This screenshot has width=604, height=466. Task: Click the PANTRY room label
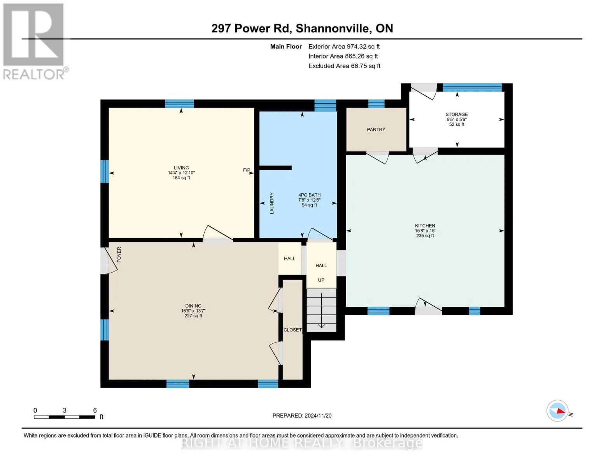point(376,130)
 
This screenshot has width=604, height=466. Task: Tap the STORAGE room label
point(457,114)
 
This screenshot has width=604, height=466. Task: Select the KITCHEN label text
point(425,226)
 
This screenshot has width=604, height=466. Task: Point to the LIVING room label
point(181,168)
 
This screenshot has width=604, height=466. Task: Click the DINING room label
point(193,306)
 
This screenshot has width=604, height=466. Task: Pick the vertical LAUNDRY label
point(272,203)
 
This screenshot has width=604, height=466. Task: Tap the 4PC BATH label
point(309,195)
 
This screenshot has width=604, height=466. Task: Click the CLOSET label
point(292,330)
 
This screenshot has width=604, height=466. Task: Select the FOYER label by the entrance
point(119,254)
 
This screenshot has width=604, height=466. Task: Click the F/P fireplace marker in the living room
point(247,170)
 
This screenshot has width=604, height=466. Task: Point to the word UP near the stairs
point(321,280)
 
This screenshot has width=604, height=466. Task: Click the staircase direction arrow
point(321,310)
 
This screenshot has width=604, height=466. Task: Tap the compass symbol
point(557,410)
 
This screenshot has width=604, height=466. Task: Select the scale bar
point(65,417)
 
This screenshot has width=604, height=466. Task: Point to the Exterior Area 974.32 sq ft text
point(344,47)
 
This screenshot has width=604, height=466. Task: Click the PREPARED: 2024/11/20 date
point(302,416)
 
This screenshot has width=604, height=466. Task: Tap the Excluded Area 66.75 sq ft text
point(344,66)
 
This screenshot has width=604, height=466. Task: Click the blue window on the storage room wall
point(472,87)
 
